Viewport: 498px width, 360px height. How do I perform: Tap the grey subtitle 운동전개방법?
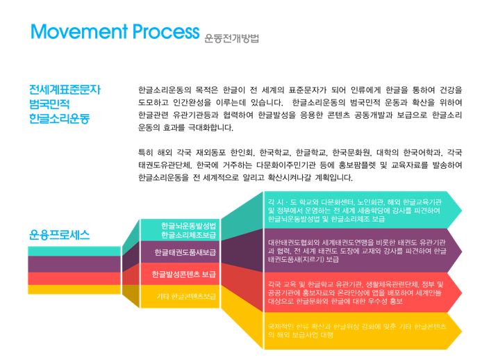pos(232,37)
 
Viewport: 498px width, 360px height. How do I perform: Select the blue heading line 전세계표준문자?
pos(65,90)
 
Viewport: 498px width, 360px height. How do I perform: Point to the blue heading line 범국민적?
pos(49,104)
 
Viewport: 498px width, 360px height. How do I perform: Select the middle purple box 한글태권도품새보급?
pos(185,252)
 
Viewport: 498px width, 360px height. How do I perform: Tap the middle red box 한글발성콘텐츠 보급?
pos(185,274)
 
